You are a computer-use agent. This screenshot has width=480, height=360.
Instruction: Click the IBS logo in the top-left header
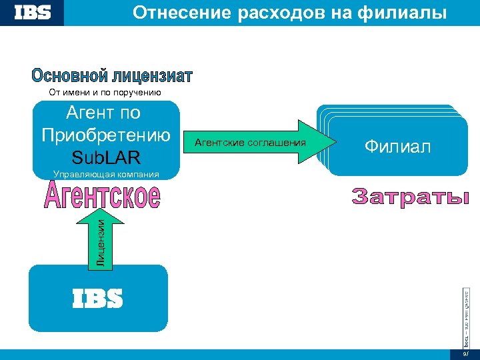pyautogui.click(x=32, y=13)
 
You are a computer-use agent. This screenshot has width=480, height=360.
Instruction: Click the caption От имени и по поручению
pyautogui.click(x=105, y=92)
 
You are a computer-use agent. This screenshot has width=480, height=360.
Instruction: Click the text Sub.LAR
pyautogui.click(x=107, y=159)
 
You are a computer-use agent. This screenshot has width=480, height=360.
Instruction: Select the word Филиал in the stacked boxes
pyautogui.click(x=397, y=147)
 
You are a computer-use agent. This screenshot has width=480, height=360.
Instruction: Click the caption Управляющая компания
pyautogui.click(x=106, y=175)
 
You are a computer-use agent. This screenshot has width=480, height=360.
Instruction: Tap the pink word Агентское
pyautogui.click(x=103, y=195)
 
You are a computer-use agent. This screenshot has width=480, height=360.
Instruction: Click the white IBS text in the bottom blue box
pyautogui.click(x=97, y=299)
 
